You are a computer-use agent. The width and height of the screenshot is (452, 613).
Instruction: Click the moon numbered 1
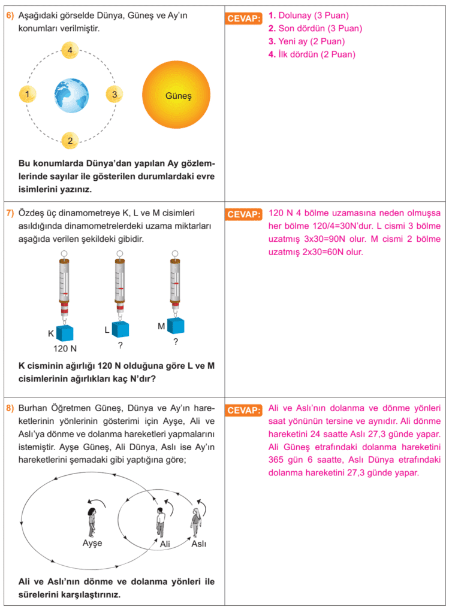[x=28, y=94]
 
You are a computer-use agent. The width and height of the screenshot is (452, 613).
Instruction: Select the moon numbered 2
[x=70, y=141]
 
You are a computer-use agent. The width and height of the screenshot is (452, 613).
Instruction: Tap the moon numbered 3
[x=114, y=94]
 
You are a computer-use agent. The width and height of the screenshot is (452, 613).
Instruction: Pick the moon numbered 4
[x=70, y=50]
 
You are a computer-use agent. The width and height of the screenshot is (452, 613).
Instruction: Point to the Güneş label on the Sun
[x=178, y=95]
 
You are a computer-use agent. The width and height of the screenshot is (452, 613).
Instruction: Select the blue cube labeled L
[x=120, y=329]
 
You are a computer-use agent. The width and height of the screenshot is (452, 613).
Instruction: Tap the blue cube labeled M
[x=175, y=325]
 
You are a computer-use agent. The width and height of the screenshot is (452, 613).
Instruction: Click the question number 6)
[x=10, y=16]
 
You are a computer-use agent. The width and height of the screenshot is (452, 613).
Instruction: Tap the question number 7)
[x=10, y=213]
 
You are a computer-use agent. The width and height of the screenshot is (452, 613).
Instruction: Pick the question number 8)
[x=10, y=408]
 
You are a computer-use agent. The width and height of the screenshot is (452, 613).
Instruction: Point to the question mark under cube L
[x=120, y=345]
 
